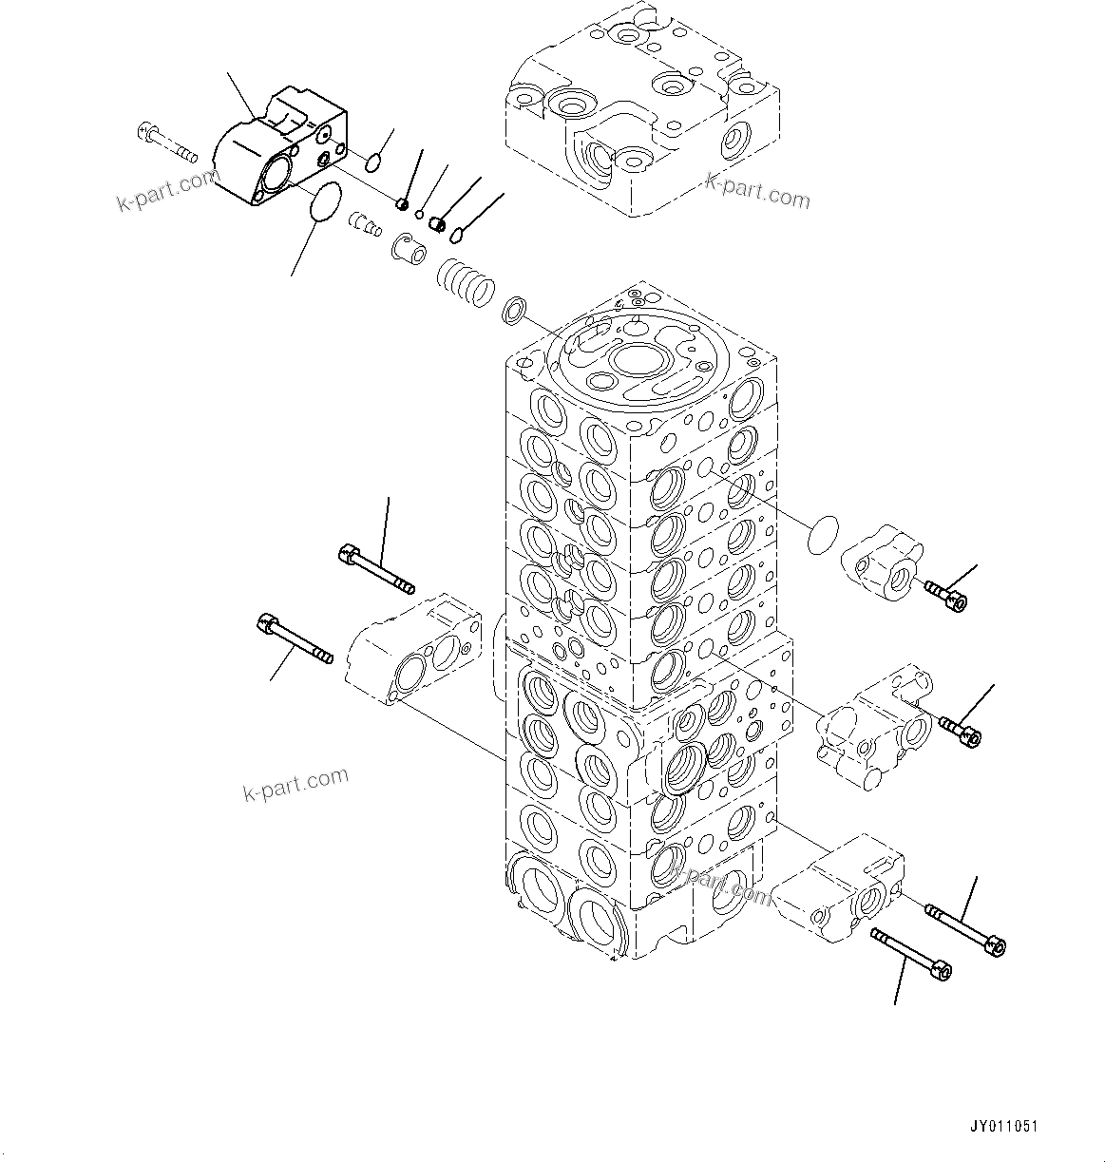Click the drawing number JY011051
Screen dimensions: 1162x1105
[x=1003, y=1127]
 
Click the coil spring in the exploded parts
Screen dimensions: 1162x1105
[x=467, y=282]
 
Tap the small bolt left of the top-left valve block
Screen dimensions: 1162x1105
[x=166, y=142]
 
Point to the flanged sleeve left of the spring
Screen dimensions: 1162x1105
[x=410, y=249]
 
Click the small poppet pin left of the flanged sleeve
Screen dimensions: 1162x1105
[x=363, y=224]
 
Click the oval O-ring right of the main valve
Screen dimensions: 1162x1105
[x=824, y=535]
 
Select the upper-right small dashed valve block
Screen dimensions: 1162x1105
[x=882, y=562]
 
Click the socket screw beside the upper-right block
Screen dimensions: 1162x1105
[x=945, y=596]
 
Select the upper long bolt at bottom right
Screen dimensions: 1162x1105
[x=964, y=927]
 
